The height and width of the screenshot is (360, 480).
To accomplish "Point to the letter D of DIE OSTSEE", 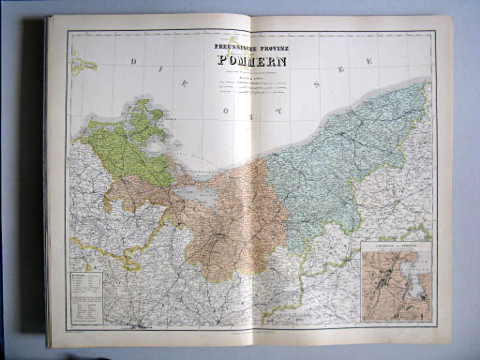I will point(133,61).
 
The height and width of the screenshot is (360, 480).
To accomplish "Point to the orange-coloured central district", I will point(220,225).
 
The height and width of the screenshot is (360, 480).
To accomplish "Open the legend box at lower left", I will point(84,299).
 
